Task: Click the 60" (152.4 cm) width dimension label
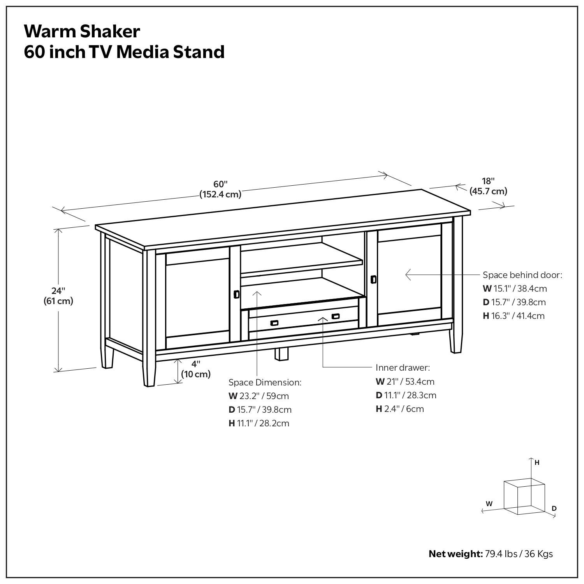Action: pyautogui.click(x=220, y=189)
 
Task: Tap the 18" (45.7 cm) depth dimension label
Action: pyautogui.click(x=488, y=186)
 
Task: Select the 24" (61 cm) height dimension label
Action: pyautogui.click(x=58, y=296)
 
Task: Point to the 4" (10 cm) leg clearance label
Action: pyautogui.click(x=195, y=369)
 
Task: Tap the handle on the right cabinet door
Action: pyautogui.click(x=373, y=279)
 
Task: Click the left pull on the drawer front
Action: pyautogui.click(x=274, y=322)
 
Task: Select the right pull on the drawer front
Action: pyautogui.click(x=335, y=317)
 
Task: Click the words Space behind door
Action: pyautogui.click(x=522, y=275)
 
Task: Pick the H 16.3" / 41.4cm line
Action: pyautogui.click(x=514, y=316)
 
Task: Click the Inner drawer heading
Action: pyautogui.click(x=403, y=368)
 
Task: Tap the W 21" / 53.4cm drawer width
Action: pyautogui.click(x=405, y=382)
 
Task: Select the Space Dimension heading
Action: pyautogui.click(x=265, y=382)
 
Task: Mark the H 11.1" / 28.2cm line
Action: pyautogui.click(x=259, y=423)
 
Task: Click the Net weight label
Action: pyautogui.click(x=456, y=554)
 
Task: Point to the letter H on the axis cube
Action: pyautogui.click(x=537, y=463)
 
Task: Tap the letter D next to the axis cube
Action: pyautogui.click(x=554, y=508)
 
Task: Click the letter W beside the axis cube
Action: pyautogui.click(x=489, y=503)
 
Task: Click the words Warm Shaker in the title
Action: pyautogui.click(x=82, y=31)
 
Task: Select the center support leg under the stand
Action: pyautogui.click(x=281, y=353)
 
